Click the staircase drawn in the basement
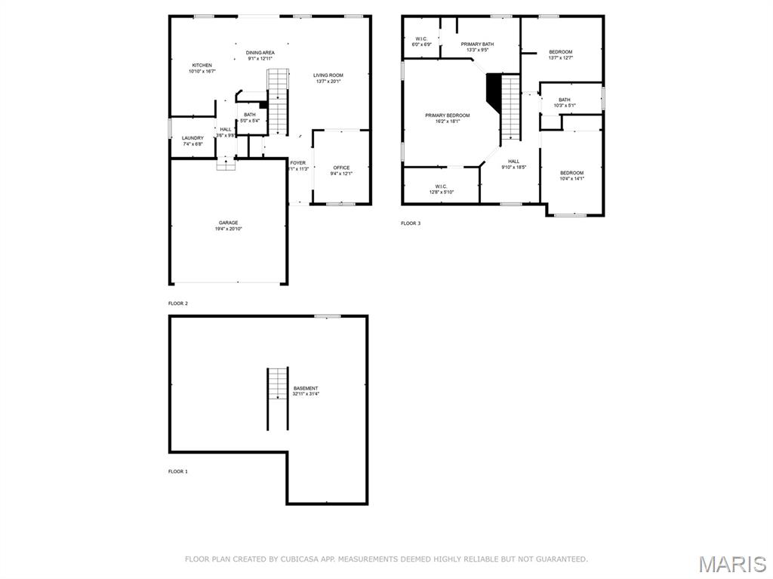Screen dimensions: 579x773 click(x=277, y=398)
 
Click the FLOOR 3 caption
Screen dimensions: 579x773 click(x=410, y=223)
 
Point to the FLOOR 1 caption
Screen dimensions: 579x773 click(x=177, y=471)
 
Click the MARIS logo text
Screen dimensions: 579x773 click(x=731, y=563)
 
